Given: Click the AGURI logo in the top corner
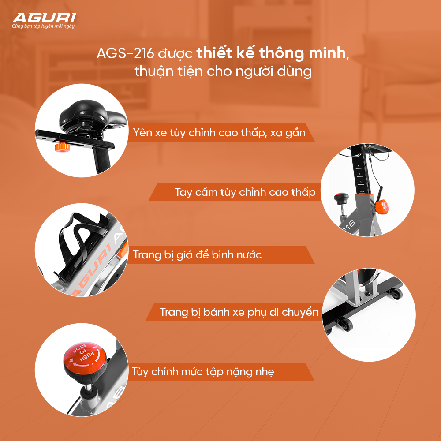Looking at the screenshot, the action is pos(44,18).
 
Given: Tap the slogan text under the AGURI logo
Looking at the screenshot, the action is pos(43,26).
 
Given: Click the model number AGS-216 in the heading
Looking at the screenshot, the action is pos(125,53).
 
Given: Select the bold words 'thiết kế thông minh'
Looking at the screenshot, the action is pos(271,53).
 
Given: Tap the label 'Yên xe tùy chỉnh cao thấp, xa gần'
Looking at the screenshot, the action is pos(219,132).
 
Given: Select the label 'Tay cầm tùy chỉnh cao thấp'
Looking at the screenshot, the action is pos(245,192).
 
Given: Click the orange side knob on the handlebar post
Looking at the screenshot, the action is pos(381,207).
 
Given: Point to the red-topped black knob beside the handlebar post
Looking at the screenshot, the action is pos(341,199).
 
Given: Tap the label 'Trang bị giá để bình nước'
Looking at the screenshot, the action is pos(197,254).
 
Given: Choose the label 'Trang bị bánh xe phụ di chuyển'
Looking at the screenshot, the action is pos(239,312).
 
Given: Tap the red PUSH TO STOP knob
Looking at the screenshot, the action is pos(85,358).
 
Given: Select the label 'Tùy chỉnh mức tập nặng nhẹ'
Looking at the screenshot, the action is pos(203,372).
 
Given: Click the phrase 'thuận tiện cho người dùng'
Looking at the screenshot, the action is pos(223,71).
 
